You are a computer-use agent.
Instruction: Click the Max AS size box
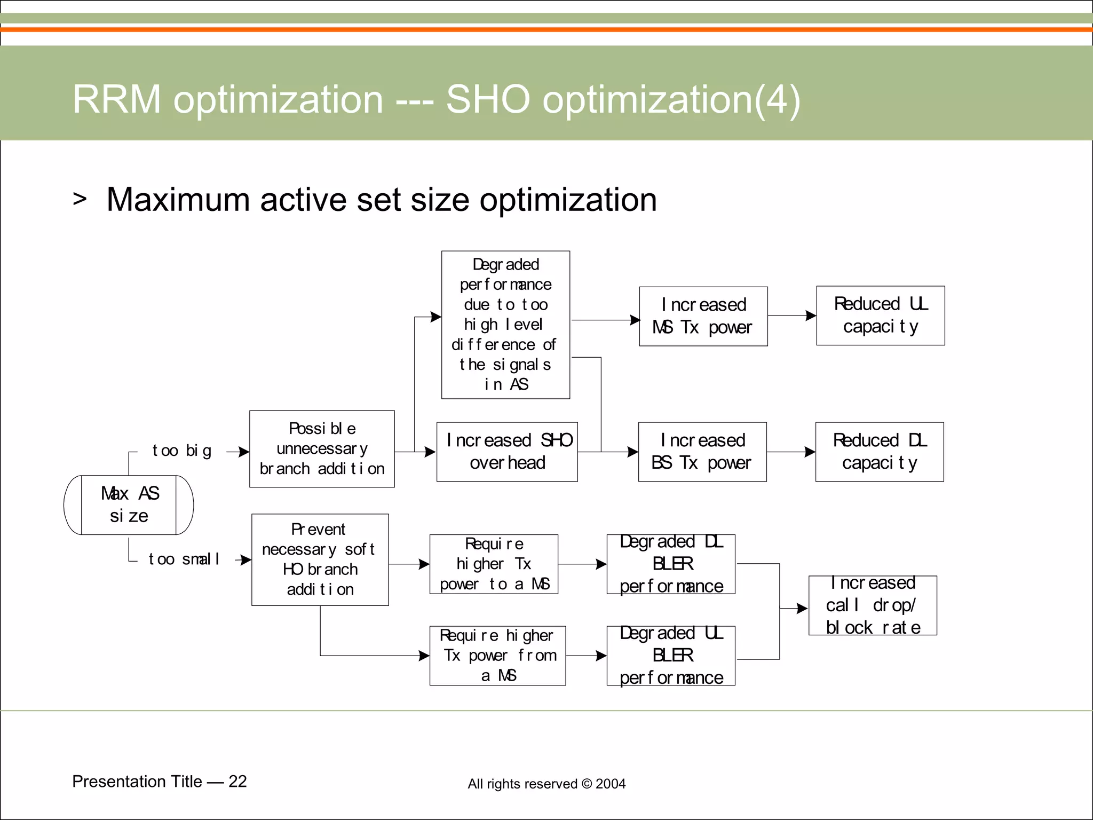coord(129,504)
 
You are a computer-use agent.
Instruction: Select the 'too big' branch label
coord(181,451)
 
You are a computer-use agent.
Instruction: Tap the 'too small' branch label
coord(184,559)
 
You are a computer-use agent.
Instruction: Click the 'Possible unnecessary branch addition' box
coord(322,449)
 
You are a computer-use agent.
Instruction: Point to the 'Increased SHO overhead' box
coord(507,452)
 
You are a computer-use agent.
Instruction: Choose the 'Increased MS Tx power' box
coord(703,316)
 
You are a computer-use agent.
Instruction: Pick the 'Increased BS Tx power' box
coord(702,452)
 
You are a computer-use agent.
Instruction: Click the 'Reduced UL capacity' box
coord(880,316)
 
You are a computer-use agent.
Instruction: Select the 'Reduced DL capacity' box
coord(879,452)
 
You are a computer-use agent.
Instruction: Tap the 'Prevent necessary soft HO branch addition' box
coord(320,559)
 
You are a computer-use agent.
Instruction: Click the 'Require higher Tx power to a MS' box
coord(494,564)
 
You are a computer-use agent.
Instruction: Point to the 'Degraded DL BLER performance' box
coord(671,564)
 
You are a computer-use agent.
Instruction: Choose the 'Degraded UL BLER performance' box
coord(671,656)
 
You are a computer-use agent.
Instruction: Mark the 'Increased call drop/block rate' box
coord(873,605)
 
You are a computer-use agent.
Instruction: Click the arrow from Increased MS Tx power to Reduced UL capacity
coord(792,316)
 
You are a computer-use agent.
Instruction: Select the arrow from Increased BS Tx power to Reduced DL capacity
coord(791,452)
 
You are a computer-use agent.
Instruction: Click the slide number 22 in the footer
coord(237,782)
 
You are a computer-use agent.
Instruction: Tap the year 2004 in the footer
coord(611,784)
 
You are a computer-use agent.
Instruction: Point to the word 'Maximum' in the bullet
coord(178,200)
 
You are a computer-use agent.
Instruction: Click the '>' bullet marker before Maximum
coord(80,199)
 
